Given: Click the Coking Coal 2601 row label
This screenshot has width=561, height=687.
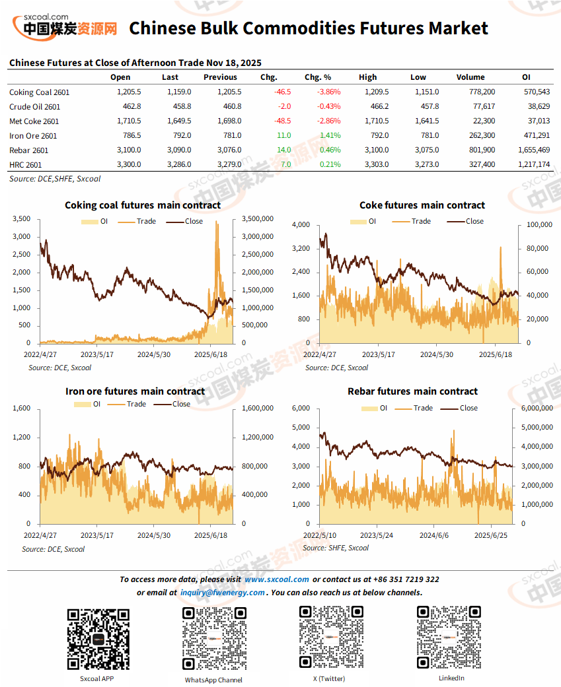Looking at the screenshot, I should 39,92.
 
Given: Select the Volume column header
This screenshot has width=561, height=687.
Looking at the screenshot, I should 470,77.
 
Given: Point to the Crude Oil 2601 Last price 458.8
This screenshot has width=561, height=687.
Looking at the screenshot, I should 178,107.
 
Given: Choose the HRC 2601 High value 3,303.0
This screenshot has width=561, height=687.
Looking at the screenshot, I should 374,165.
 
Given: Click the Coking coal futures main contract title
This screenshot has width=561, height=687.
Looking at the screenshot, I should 142,205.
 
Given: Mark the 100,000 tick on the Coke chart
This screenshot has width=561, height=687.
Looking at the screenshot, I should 539,225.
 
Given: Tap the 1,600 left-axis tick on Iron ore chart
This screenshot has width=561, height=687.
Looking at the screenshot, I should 22,409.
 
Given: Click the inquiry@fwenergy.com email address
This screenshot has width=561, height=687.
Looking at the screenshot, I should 222,593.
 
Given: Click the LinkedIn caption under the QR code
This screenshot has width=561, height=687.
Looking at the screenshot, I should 451,678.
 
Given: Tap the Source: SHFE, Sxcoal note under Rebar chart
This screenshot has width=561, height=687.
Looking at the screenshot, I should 335,548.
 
